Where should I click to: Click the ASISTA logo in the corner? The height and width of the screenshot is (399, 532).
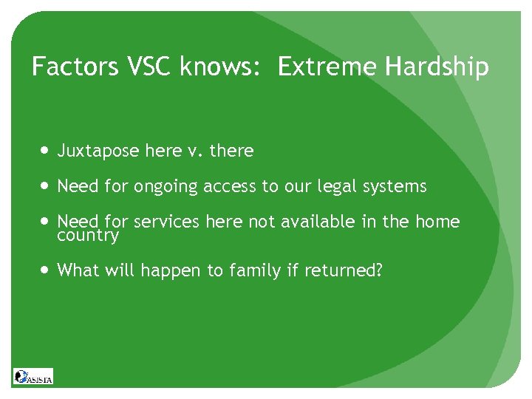click(x=33, y=376)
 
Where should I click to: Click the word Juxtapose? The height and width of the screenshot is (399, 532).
click(x=98, y=151)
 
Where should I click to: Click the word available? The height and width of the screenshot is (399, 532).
click(x=312, y=222)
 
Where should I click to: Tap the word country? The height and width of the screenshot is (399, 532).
click(x=87, y=236)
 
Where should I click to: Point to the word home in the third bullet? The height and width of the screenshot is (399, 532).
click(x=439, y=222)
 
